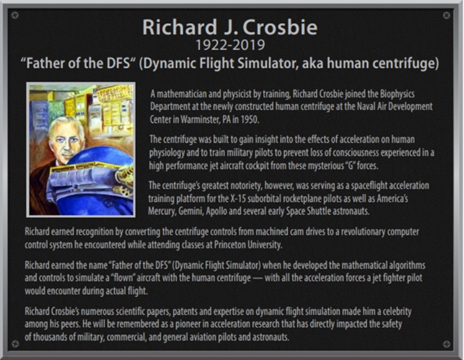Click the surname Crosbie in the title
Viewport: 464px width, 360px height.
click(280, 27)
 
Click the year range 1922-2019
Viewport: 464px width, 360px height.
click(230, 45)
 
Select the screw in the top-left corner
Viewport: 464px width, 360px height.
click(15, 15)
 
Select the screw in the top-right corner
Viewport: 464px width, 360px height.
click(446, 15)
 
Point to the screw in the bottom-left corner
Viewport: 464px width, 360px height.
click(15, 344)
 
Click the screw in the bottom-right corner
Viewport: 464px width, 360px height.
click(447, 344)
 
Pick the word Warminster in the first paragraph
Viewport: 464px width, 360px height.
click(200, 119)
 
